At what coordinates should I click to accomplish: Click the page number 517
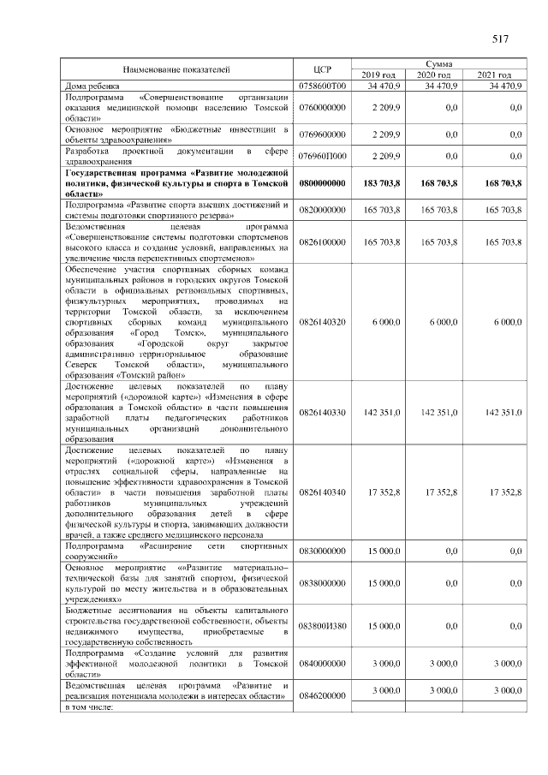click(501, 39)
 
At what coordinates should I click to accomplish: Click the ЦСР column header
click(323, 69)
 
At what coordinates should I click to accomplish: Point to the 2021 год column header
click(494, 75)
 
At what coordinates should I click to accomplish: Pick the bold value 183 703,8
click(382, 183)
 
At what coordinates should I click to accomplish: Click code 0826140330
click(323, 412)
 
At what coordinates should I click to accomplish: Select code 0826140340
click(323, 492)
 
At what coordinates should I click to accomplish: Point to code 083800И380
click(323, 626)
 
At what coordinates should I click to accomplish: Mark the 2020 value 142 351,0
click(441, 412)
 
